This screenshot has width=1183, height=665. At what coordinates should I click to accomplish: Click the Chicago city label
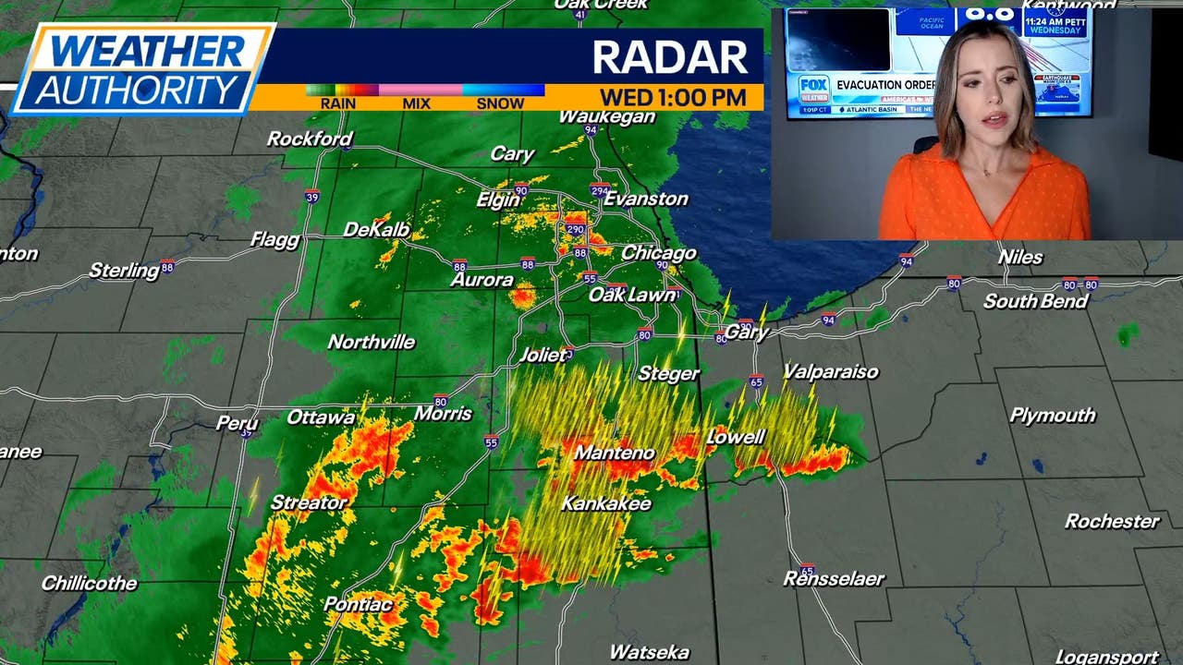[x=658, y=253]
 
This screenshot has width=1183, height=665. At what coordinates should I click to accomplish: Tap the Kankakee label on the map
[x=606, y=504]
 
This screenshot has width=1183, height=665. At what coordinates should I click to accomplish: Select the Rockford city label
[x=310, y=139]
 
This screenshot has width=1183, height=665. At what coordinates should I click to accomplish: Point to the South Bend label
[x=1035, y=302]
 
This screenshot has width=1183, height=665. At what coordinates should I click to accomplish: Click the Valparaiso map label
[x=830, y=372]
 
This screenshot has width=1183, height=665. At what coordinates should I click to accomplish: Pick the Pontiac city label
[x=358, y=605]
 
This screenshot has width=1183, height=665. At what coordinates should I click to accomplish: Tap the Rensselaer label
[x=834, y=580]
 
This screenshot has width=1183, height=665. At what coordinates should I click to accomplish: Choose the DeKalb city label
[x=376, y=230]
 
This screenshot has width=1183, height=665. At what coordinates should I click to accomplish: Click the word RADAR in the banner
[x=669, y=57]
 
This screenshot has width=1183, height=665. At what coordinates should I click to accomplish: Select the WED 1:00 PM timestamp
[x=673, y=97]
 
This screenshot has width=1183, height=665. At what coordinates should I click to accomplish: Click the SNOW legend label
[x=500, y=103]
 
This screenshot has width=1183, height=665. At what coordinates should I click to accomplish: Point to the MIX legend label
[x=416, y=103]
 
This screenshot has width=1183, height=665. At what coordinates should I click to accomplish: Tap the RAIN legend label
[x=337, y=103]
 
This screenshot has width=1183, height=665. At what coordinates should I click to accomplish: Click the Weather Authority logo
[x=143, y=69]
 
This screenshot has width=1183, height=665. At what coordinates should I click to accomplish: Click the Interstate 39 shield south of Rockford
[x=312, y=197]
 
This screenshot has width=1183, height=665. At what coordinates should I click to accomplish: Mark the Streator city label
[x=309, y=503]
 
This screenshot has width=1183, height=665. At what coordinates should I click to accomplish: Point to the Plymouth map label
[x=1052, y=416]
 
